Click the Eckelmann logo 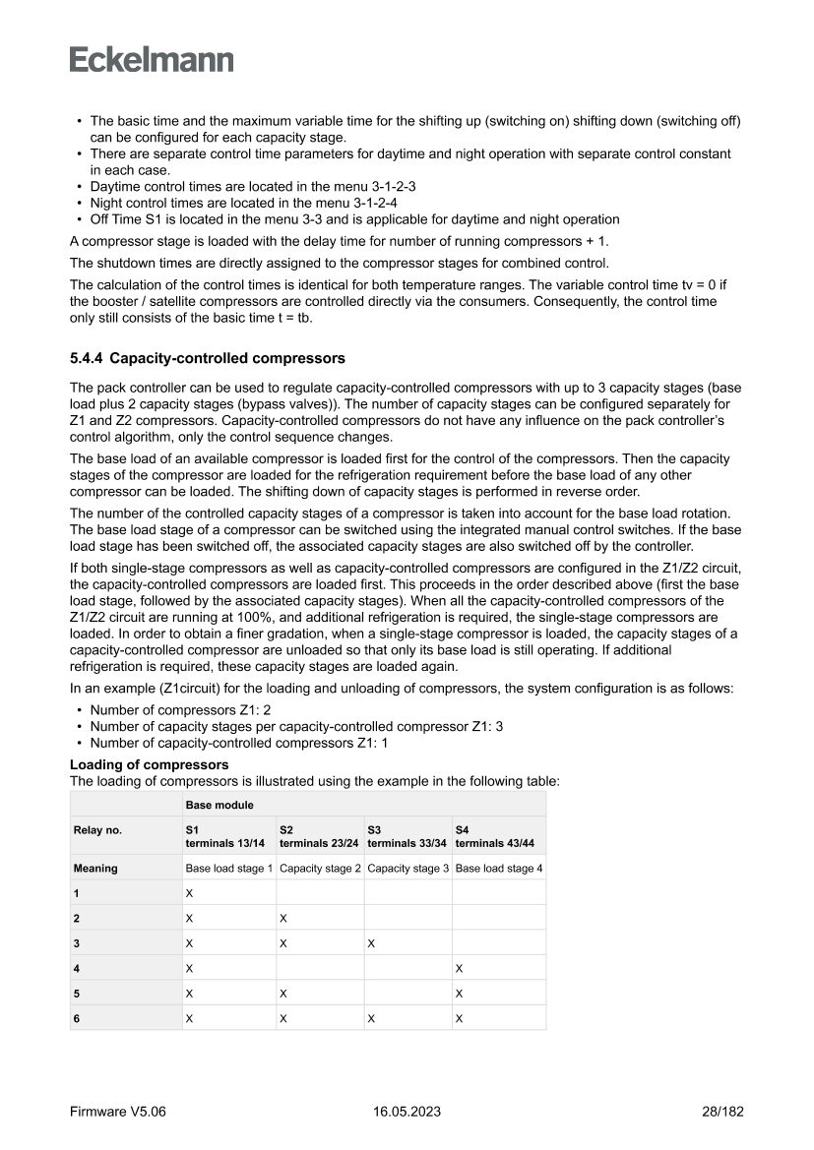point(152,59)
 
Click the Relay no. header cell point(97,830)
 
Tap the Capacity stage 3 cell point(407,869)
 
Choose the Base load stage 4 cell point(498,869)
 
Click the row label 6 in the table point(77,1018)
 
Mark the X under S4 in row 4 point(459,968)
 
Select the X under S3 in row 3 point(371,942)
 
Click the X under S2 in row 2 point(282,918)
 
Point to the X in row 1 point(189,893)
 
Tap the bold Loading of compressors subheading point(149,764)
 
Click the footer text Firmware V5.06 point(118,1112)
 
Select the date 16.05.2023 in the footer point(407,1112)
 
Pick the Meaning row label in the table point(95,869)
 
